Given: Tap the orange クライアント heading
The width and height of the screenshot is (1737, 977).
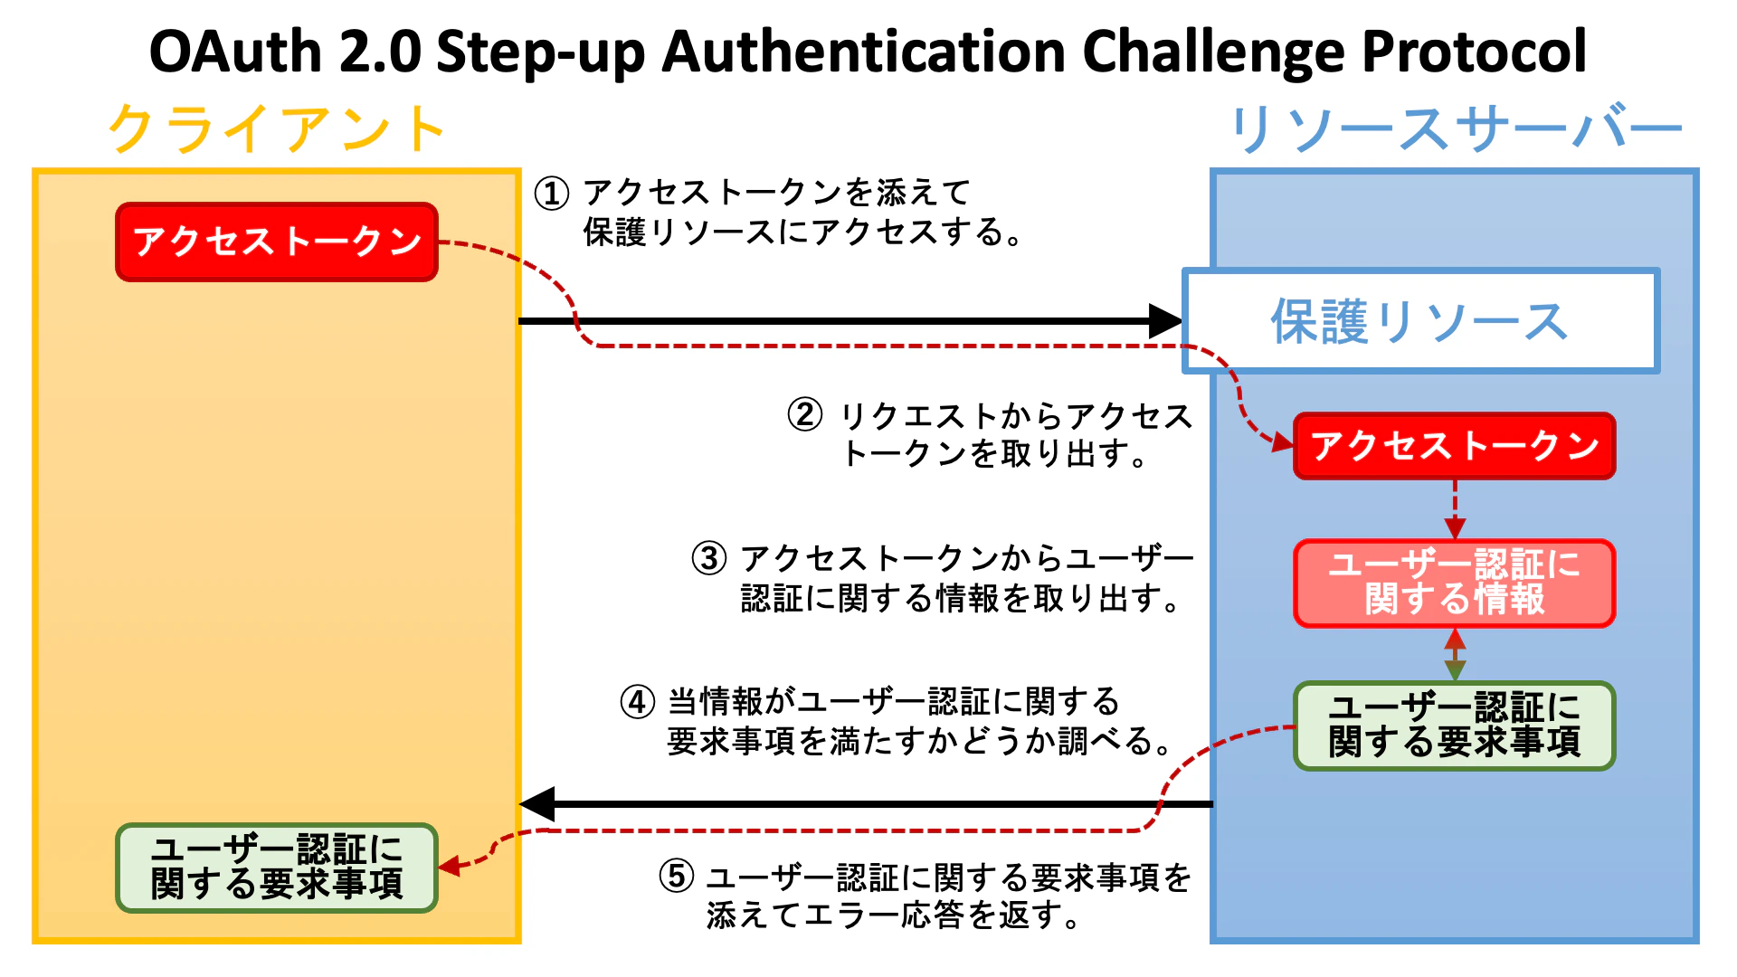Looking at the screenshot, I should (277, 128).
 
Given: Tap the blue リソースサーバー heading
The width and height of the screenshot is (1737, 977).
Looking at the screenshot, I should (1455, 128).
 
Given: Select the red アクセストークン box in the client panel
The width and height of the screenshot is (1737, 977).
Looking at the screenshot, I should (277, 242).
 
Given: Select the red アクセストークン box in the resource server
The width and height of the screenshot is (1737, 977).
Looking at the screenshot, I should (1454, 446).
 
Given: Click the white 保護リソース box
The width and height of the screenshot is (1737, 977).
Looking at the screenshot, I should (1420, 321).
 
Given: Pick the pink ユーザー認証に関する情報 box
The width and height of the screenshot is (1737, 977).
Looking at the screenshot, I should (1454, 583).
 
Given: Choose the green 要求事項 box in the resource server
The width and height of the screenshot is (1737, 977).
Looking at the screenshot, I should (1454, 726).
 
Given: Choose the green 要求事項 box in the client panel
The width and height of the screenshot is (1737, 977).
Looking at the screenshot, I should (277, 868).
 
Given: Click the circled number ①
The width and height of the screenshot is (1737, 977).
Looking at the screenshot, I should (552, 193).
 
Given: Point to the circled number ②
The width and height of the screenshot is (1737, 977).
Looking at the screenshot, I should (805, 415).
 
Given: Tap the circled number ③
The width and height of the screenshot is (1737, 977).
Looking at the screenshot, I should (709, 558).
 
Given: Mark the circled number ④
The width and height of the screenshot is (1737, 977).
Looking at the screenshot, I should (638, 702).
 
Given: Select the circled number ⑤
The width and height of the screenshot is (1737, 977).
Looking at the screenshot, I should (677, 876).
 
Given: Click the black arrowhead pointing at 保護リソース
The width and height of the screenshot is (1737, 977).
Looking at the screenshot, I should (1165, 320).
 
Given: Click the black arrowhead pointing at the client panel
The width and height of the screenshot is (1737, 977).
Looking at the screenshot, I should (537, 803).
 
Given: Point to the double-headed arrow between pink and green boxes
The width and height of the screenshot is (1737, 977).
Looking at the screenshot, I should (1455, 654).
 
